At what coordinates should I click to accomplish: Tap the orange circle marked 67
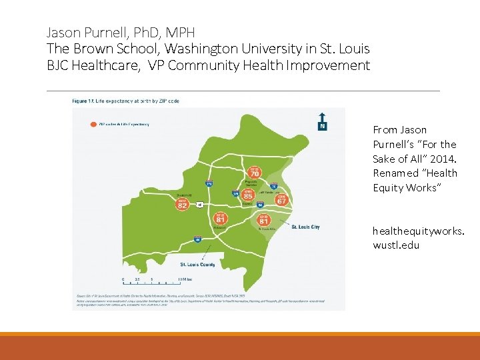pyautogui.click(x=282, y=199)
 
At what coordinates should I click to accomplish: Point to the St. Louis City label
pyautogui.click(x=305, y=227)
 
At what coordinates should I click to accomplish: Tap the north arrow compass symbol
pyautogui.click(x=322, y=121)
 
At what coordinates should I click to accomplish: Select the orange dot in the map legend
pyautogui.click(x=94, y=124)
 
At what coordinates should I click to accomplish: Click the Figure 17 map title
pyautogui.click(x=125, y=101)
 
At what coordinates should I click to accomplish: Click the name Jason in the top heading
pyautogui.click(x=61, y=31)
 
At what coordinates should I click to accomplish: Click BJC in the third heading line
pyautogui.click(x=57, y=65)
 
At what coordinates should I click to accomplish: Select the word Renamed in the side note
pyautogui.click(x=395, y=173)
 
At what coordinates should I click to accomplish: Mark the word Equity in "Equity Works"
pyautogui.click(x=387, y=187)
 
